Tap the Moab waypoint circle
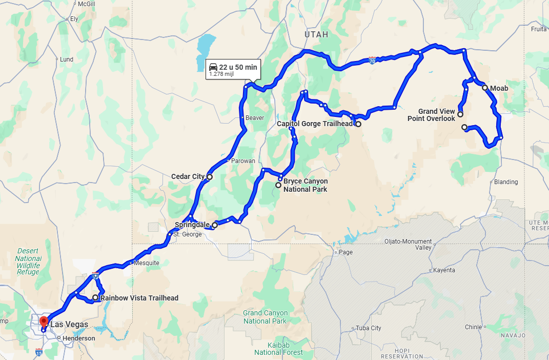click(485, 88)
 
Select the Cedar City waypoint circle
click(209, 177)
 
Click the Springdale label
click(192, 225)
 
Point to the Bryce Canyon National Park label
click(305, 185)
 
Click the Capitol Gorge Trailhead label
click(315, 124)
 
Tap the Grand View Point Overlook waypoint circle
click(460, 114)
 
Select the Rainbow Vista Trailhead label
click(139, 298)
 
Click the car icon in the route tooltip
click(213, 67)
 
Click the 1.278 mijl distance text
click(221, 74)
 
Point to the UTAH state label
click(316, 34)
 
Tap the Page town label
click(345, 252)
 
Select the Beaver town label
click(255, 118)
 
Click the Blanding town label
click(505, 182)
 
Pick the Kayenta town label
click(444, 270)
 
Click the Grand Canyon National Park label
click(265, 317)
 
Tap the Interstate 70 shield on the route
click(373, 61)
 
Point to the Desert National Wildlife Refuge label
click(28, 262)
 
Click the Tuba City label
click(369, 328)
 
